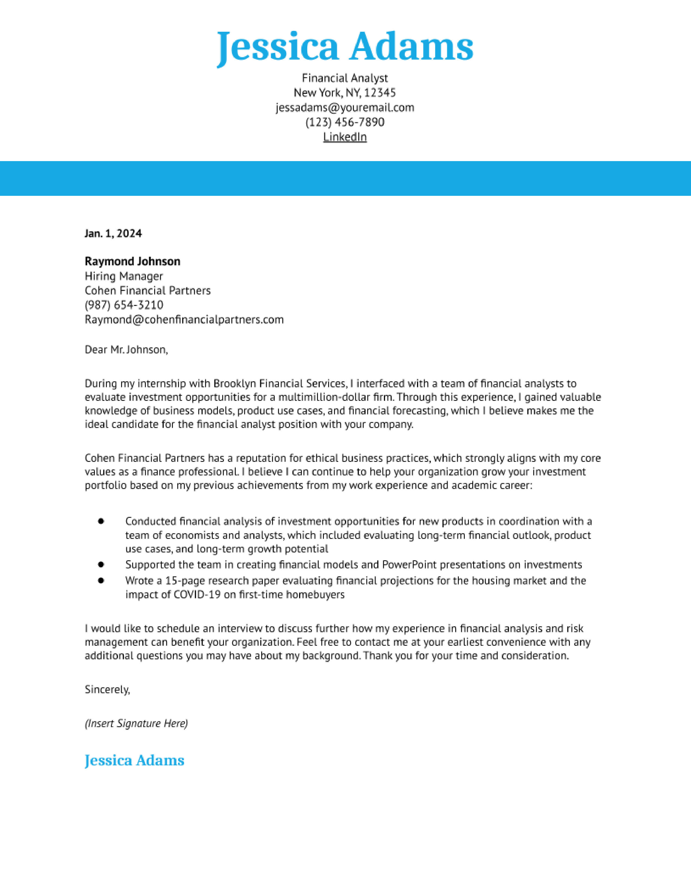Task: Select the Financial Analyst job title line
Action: (345, 78)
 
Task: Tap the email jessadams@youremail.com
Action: (345, 107)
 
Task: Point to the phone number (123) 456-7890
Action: (345, 122)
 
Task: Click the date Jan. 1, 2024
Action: (113, 234)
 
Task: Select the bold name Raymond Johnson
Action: (132, 261)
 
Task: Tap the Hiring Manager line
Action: (124, 276)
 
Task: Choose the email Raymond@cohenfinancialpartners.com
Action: (184, 320)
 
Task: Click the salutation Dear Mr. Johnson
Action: (126, 350)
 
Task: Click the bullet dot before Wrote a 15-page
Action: (101, 581)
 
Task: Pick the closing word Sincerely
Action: (107, 690)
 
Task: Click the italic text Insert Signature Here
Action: (136, 723)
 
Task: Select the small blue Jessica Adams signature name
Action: (134, 760)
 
